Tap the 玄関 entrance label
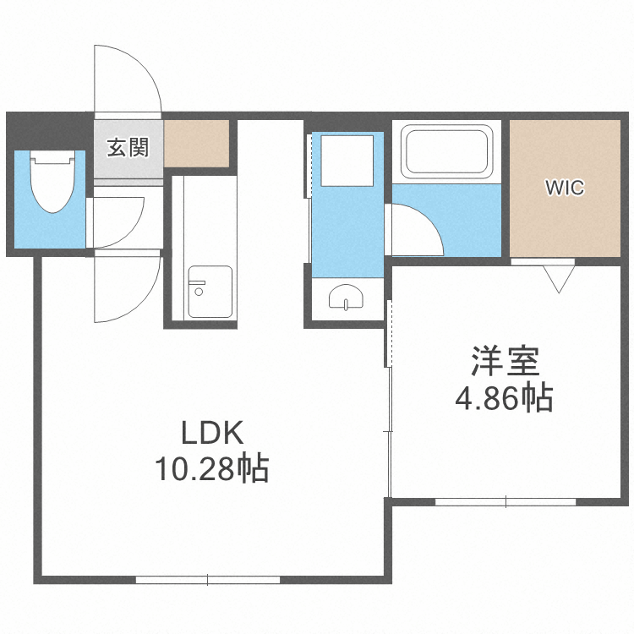128,147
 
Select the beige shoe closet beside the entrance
197,143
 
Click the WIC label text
565,188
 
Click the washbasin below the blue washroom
347,298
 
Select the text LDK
213,433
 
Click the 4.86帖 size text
504,396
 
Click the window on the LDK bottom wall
208,580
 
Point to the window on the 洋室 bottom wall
506,501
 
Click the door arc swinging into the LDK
127,287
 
